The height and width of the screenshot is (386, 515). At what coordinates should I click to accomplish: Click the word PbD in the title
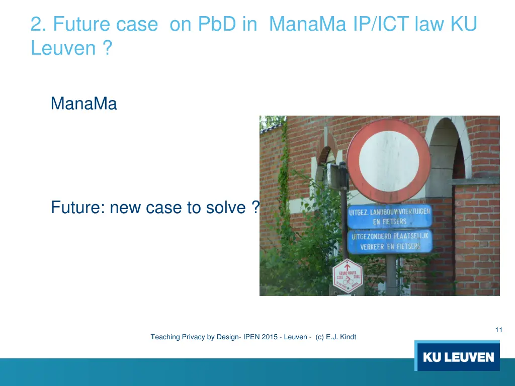[x=216, y=24]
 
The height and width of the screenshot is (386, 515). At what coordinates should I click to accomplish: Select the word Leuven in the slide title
[x=63, y=48]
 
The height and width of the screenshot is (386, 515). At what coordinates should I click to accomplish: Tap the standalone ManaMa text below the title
[x=83, y=104]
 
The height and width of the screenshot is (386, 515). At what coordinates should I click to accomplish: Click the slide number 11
[x=498, y=330]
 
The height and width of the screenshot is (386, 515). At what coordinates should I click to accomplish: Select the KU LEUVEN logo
[x=457, y=356]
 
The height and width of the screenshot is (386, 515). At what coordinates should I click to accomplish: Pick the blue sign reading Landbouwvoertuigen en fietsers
[x=390, y=217]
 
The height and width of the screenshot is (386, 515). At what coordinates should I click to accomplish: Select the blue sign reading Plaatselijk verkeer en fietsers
[x=390, y=241]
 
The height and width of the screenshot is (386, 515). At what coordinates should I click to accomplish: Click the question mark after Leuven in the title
[x=106, y=48]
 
